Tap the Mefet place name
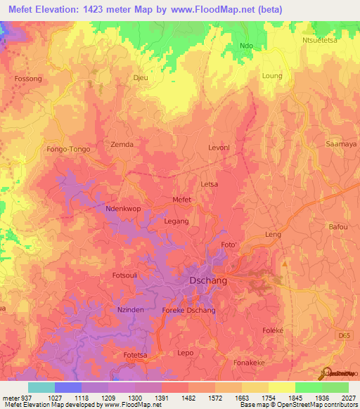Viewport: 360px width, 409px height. coord(182,200)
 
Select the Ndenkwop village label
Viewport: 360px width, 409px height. coord(105,209)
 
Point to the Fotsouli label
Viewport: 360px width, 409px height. coord(127,275)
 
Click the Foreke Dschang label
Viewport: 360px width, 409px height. coord(188,311)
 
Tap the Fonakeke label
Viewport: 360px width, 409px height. coord(249,363)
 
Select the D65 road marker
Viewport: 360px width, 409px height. coord(343,338)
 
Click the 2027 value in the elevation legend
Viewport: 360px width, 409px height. coord(348,397)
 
